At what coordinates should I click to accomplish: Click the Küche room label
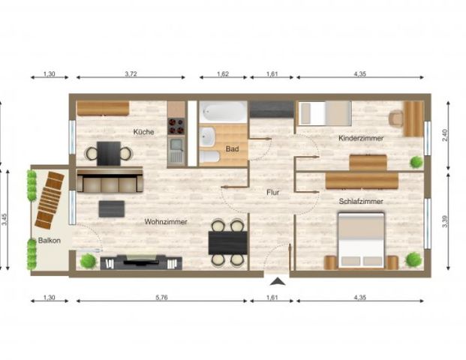pos(144,132)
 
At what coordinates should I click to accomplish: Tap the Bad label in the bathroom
pos(232,148)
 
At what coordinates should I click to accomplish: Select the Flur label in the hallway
pos(273,192)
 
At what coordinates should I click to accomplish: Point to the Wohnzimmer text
pos(166,221)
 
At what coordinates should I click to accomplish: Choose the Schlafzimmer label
pos(361,202)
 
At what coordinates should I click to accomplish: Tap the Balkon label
pos(49,241)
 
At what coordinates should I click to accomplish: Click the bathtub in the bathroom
pos(223,113)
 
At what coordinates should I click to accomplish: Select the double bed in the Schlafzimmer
pos(361,240)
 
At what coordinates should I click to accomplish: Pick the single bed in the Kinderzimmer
pos(325,113)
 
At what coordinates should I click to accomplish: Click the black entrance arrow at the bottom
pos(278,282)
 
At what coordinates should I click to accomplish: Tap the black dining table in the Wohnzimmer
pos(227,241)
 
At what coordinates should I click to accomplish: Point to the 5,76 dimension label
pos(161,299)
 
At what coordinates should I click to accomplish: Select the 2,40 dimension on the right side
pos(446,136)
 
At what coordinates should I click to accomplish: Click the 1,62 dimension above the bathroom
pos(222,74)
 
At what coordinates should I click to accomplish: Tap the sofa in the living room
pos(110,181)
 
